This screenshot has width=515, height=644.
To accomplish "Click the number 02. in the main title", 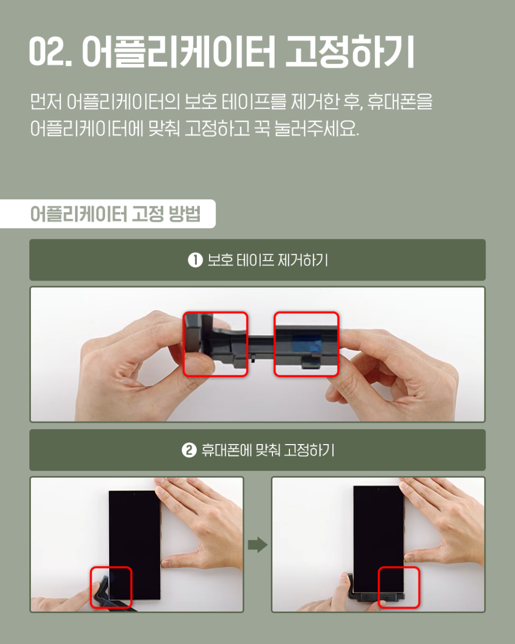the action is (x=51, y=51).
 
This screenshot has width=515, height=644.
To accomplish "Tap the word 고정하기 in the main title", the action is (x=350, y=52).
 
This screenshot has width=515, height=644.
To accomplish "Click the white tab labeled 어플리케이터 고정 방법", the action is (x=108, y=214).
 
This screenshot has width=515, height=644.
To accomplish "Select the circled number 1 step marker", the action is (x=195, y=260).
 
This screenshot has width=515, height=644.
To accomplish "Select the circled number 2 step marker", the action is (x=189, y=450).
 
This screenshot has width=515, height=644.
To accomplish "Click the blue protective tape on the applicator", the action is (x=307, y=343).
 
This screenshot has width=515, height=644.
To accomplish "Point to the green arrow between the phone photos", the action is (x=257, y=545).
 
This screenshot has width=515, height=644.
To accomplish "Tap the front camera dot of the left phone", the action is (x=134, y=494).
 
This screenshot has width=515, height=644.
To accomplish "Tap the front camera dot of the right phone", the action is (x=378, y=489).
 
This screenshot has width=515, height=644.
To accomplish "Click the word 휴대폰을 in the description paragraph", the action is (x=400, y=101).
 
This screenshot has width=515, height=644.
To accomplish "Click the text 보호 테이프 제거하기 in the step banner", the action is (x=268, y=260).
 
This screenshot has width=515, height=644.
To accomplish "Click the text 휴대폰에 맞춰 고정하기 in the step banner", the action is (x=268, y=450).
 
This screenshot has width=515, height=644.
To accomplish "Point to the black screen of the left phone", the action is (x=135, y=545).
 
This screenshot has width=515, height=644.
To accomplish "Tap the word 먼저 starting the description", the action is (x=45, y=101).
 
